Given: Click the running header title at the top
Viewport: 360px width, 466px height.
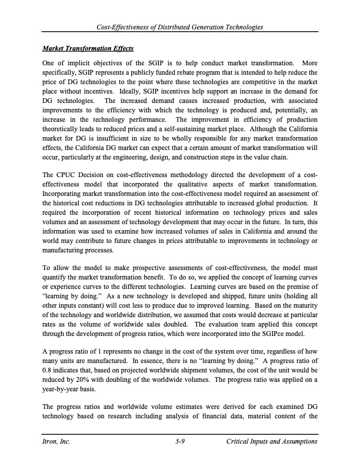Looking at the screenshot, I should (180, 28).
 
